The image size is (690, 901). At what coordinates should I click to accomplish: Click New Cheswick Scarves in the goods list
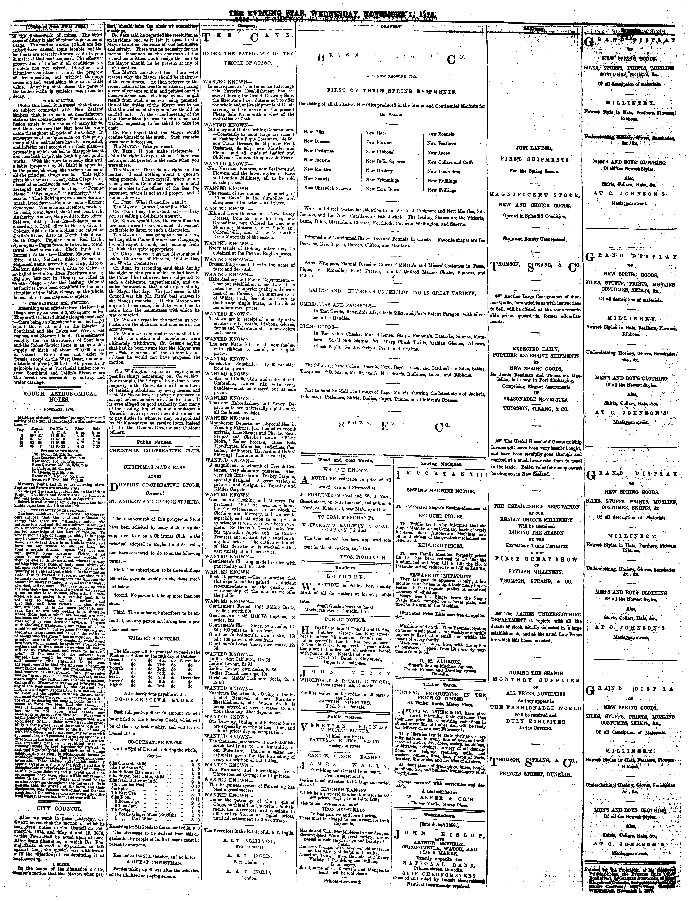[x=327, y=188]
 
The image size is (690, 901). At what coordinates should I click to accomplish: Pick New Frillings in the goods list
[x=442, y=190]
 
